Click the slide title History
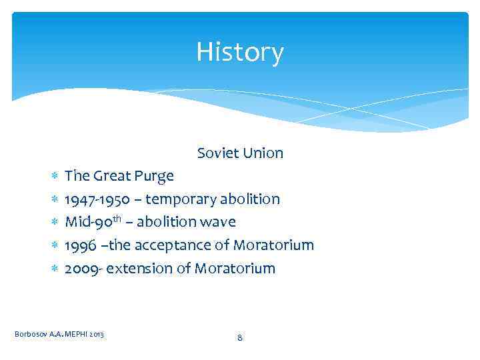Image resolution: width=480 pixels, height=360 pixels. point(240,52)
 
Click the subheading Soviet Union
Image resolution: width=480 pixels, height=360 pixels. point(240,153)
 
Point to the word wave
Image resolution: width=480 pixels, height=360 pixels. point(219,222)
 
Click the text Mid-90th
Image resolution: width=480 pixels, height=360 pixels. point(92,221)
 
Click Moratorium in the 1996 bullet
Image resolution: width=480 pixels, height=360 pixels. point(273,245)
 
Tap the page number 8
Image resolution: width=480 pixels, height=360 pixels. point(240,338)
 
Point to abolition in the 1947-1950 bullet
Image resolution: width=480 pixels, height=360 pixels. point(251,199)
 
